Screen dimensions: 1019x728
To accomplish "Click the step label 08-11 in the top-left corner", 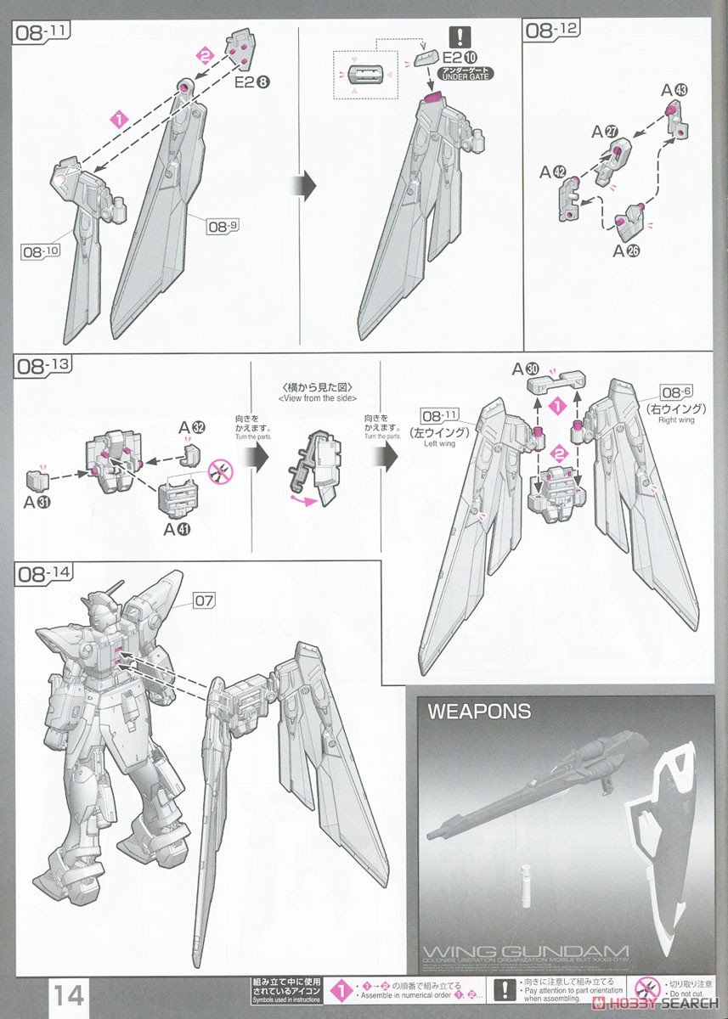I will click(42, 31).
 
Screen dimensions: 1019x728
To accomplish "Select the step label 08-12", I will click(552, 31).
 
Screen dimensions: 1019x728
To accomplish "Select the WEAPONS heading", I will click(479, 712).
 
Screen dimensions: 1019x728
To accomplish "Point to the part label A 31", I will click(38, 502).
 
